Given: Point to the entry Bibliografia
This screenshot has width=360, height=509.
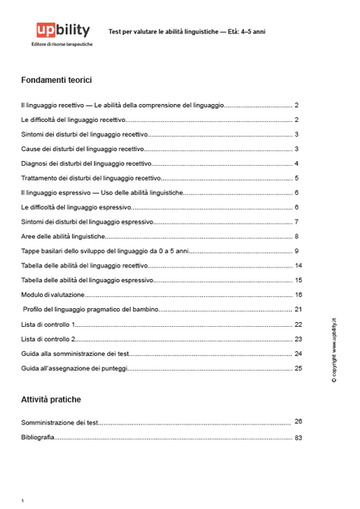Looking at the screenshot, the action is click(38, 438).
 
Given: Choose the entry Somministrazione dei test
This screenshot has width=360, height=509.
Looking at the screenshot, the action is click(59, 422).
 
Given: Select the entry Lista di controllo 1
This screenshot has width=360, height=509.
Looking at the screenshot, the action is click(48, 324).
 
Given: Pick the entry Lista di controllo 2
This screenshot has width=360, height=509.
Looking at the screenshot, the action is click(48, 339).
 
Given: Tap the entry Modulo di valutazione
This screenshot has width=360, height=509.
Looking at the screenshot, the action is click(52, 296).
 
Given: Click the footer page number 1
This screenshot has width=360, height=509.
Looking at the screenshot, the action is click(23, 500).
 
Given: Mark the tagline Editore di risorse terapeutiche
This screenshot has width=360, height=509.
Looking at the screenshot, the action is click(62, 45).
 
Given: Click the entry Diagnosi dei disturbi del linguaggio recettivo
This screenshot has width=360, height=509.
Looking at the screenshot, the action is click(85, 163).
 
